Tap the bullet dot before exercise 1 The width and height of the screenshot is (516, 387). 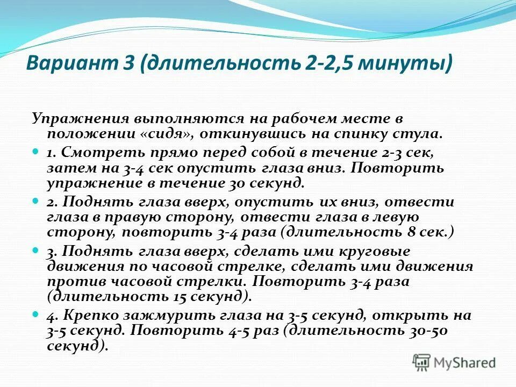[36, 152]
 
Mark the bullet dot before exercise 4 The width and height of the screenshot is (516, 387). [36, 313]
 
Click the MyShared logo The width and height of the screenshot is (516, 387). [454, 362]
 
